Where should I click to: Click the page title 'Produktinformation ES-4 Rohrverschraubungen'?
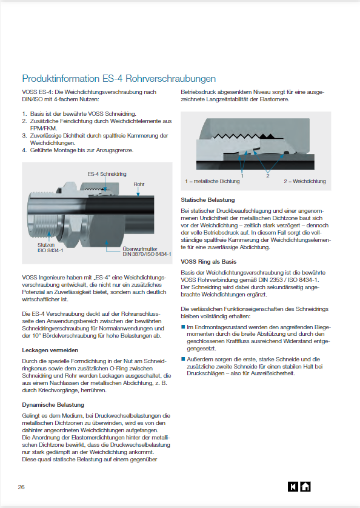(x=119, y=79)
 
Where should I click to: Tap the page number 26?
(x=21, y=487)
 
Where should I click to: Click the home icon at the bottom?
(x=305, y=487)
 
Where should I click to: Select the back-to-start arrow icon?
(x=293, y=487)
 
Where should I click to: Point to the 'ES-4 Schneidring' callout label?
(x=107, y=174)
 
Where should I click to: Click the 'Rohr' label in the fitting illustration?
(x=139, y=184)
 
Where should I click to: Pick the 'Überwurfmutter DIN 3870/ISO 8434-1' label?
(x=147, y=252)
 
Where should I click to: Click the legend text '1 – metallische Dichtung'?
(x=212, y=181)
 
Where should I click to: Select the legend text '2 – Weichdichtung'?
(x=305, y=181)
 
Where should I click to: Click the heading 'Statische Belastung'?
(x=208, y=200)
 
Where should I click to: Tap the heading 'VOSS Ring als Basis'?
(x=208, y=261)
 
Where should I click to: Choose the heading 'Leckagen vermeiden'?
(x=50, y=350)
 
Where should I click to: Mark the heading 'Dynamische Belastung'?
(x=53, y=405)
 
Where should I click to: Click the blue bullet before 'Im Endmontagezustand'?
(x=183, y=327)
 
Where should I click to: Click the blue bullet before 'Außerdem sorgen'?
(x=183, y=359)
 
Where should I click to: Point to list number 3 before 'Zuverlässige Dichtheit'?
(x=24, y=136)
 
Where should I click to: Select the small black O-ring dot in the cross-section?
(x=286, y=152)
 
